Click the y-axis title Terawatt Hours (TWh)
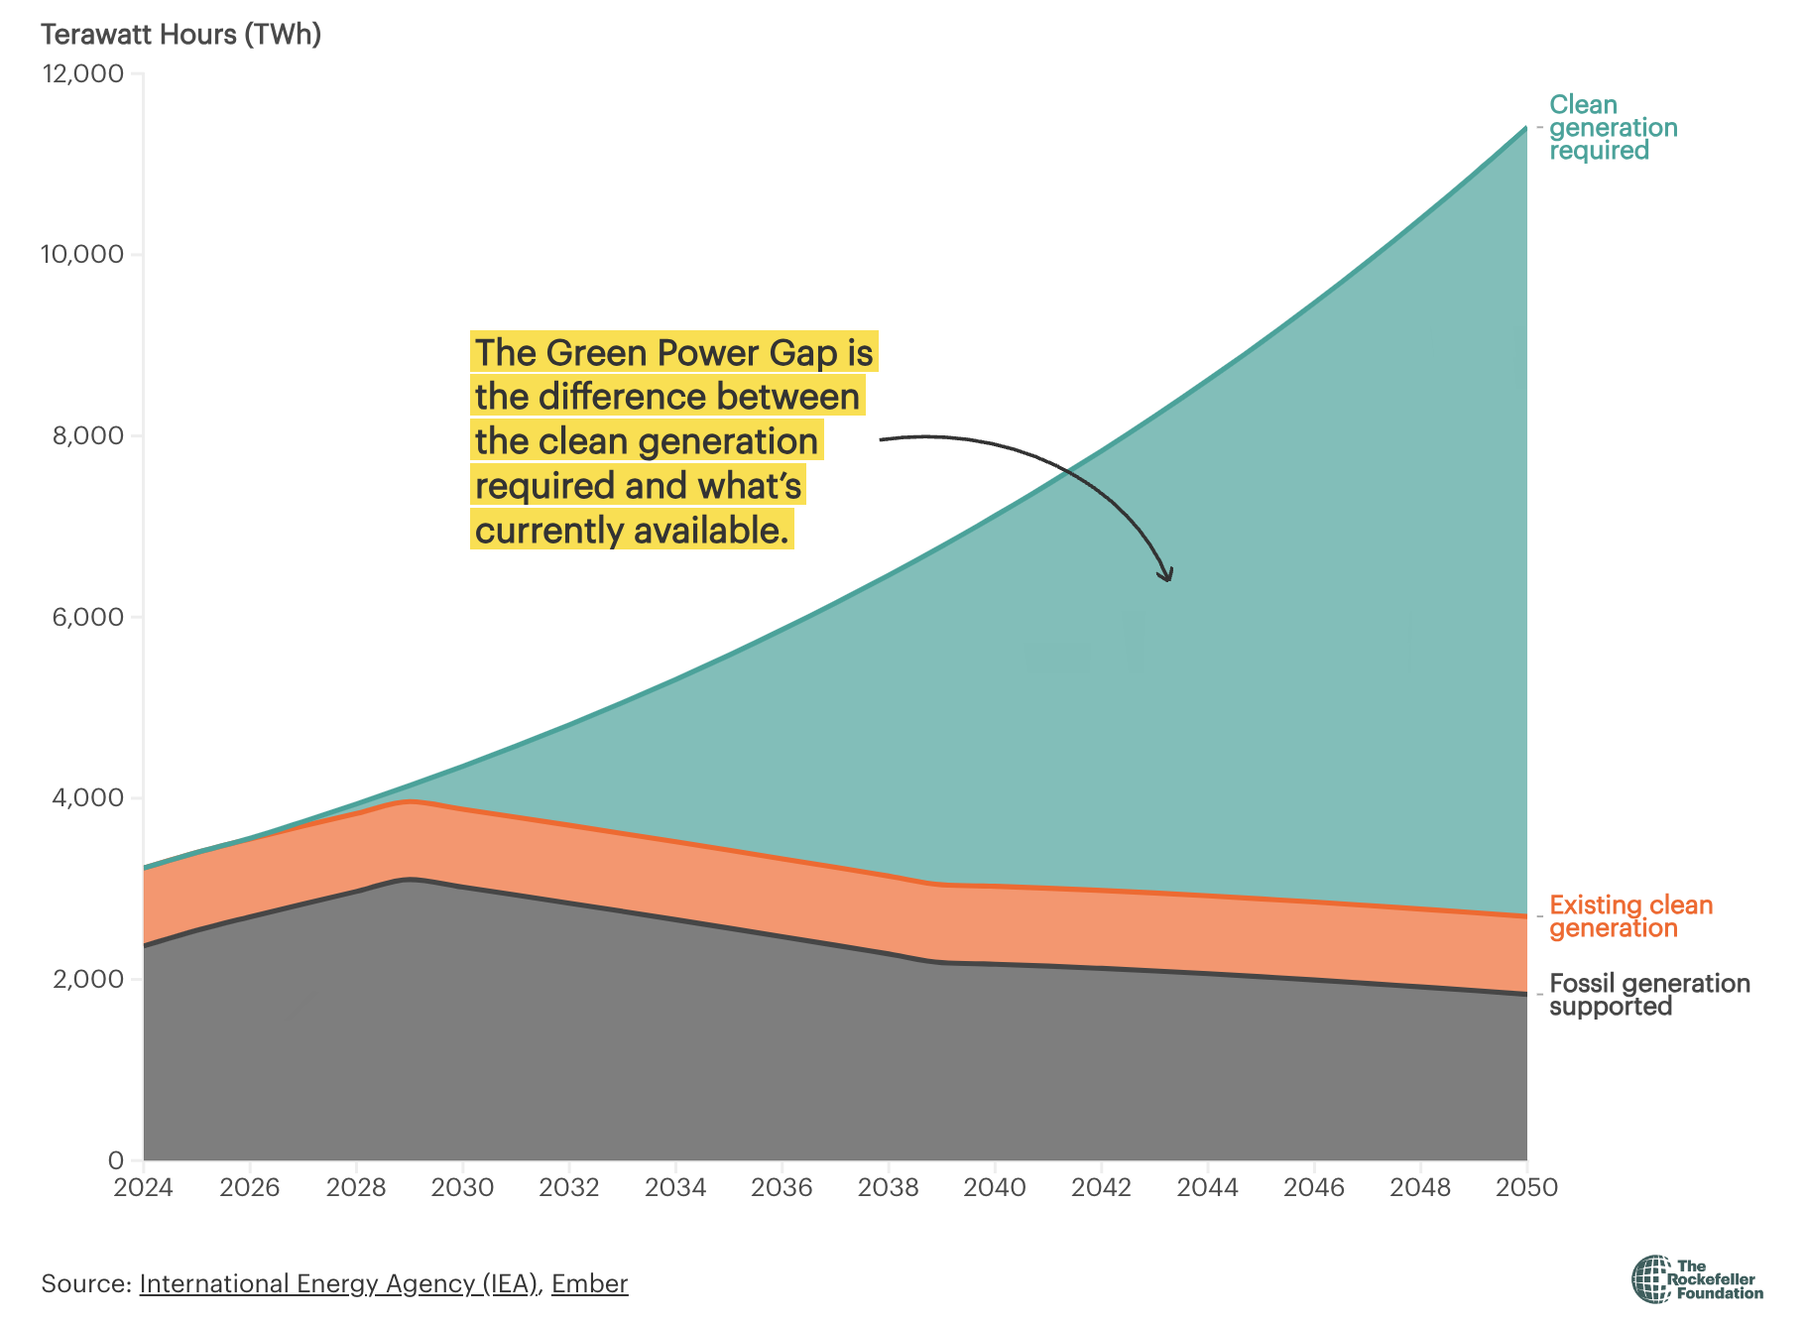click(181, 35)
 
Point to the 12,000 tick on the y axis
click(81, 74)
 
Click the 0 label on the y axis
click(116, 1160)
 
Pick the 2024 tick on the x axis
click(143, 1187)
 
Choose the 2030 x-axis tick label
click(462, 1187)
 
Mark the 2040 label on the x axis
click(995, 1187)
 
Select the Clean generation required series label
click(1613, 128)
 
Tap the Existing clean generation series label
click(1630, 916)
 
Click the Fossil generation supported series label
click(1649, 995)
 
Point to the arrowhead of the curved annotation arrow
click(1168, 576)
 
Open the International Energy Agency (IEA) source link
click(338, 1283)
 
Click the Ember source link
click(589, 1283)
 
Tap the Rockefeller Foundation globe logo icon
click(1651, 1279)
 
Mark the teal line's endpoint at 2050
click(1525, 128)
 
